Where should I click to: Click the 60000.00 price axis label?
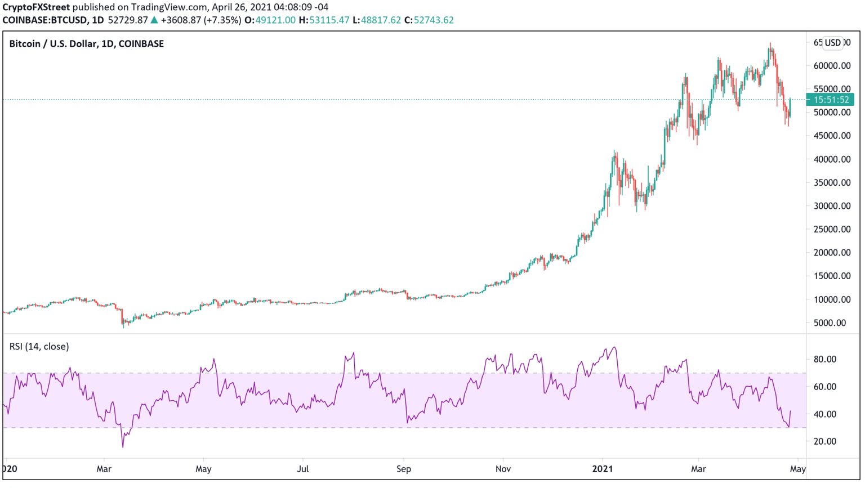click(832, 66)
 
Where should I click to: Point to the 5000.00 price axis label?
click(830, 323)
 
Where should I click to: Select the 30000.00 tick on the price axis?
click(832, 206)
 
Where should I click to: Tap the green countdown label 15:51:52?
click(831, 100)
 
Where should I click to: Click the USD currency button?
click(832, 43)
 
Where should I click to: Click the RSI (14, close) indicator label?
click(39, 347)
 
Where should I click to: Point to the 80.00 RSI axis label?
click(825, 359)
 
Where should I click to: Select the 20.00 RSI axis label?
click(825, 441)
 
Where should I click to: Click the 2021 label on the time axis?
click(603, 469)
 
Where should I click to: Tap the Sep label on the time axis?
click(403, 469)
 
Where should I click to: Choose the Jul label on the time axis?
click(303, 469)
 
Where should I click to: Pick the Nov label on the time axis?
click(503, 469)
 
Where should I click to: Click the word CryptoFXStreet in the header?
click(36, 7)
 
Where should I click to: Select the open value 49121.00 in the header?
click(275, 20)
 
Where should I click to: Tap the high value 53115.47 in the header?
click(329, 20)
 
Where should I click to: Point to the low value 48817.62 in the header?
click(381, 20)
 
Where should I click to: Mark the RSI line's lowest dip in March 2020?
click(123, 447)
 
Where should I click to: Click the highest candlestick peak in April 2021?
click(770, 44)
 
